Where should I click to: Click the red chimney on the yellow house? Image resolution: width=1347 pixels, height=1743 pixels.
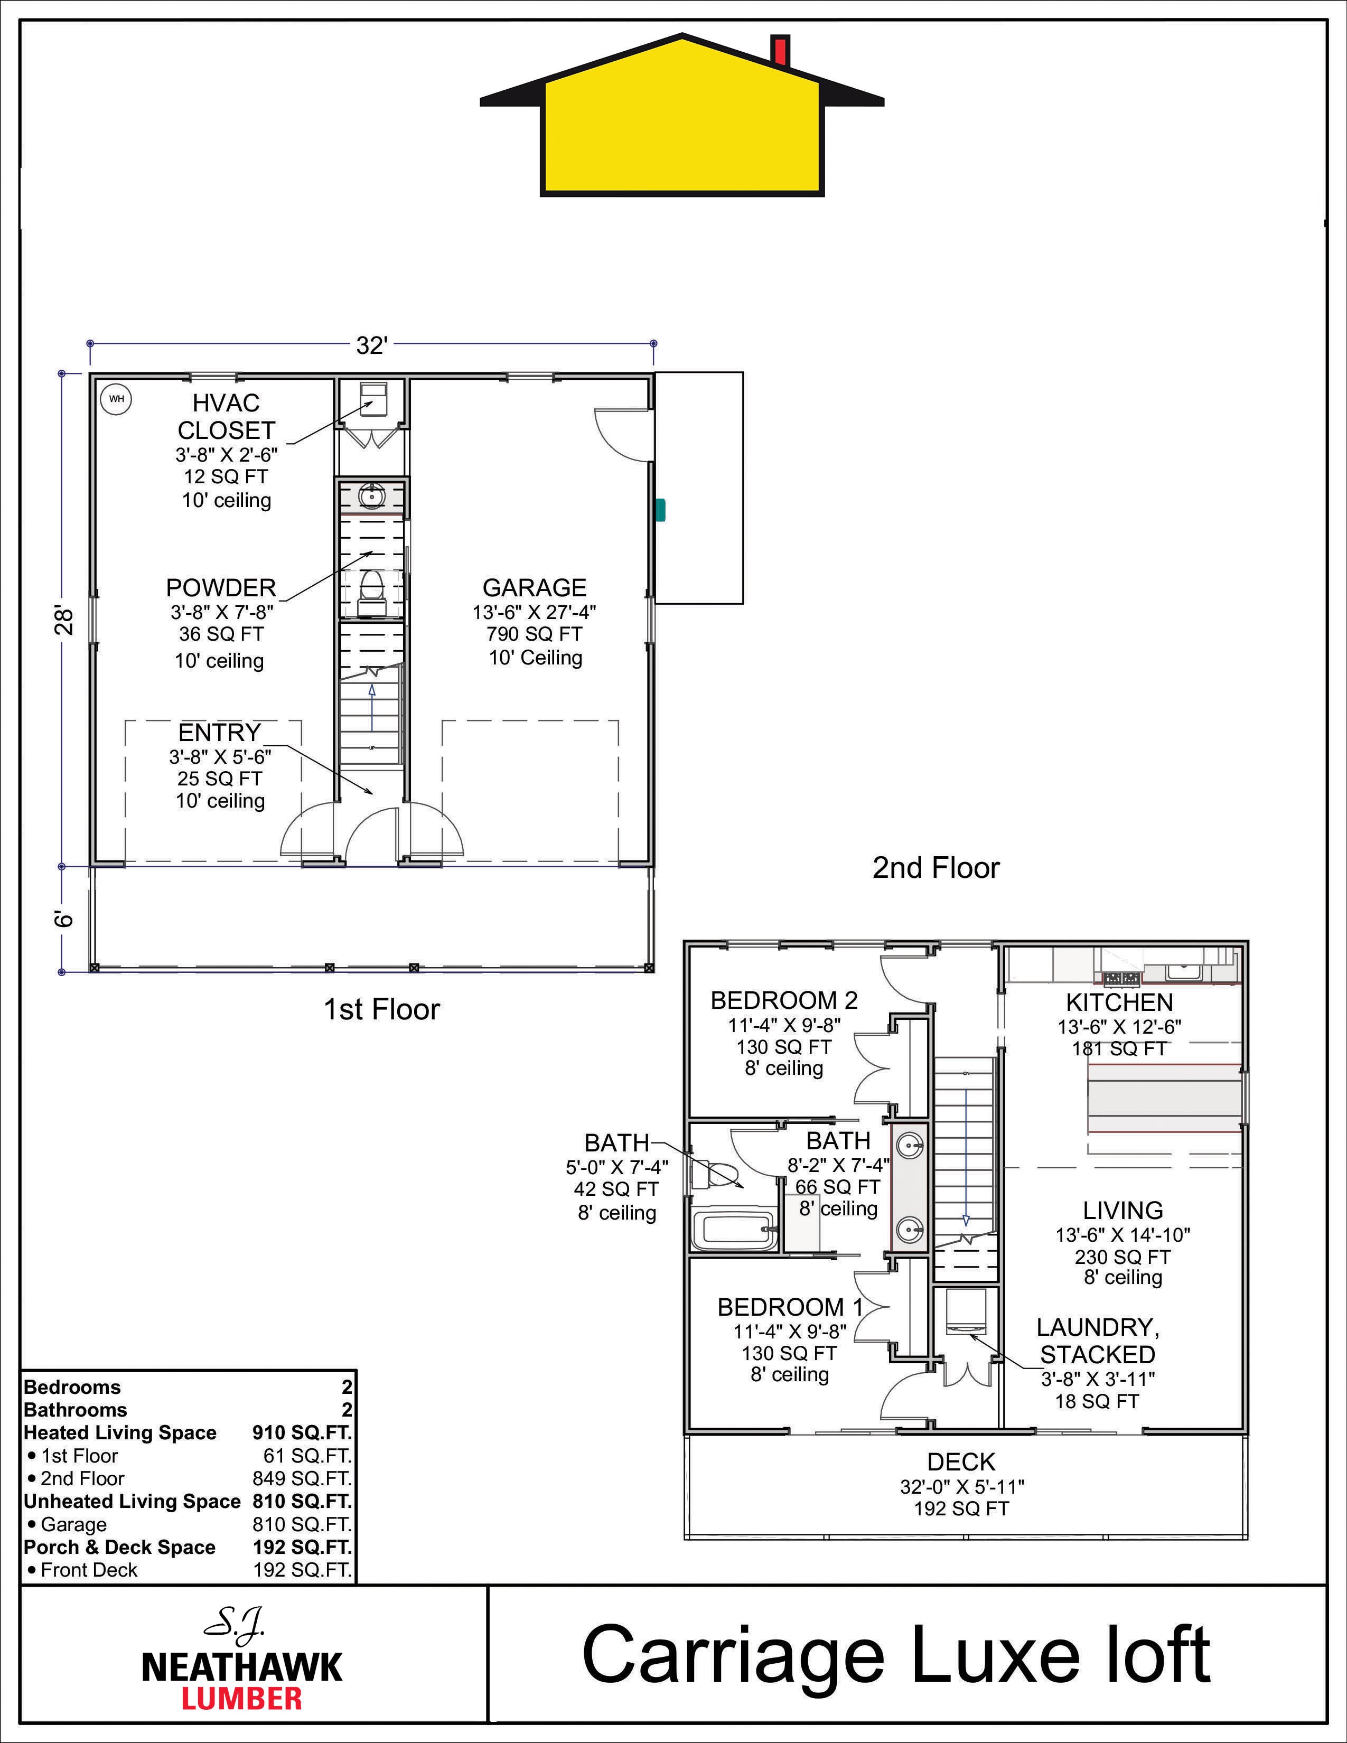(780, 50)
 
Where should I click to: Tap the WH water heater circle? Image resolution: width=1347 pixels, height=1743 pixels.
(117, 399)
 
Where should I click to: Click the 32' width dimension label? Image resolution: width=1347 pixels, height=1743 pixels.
(372, 345)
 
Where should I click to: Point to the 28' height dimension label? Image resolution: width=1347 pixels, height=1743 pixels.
(64, 620)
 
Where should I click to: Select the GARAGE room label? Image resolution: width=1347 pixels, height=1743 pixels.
(535, 587)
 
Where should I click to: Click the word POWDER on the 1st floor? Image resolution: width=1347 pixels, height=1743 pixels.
(221, 587)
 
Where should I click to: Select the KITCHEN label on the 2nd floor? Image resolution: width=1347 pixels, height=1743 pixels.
(1119, 1002)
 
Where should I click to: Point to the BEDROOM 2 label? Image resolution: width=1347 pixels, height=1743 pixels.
(784, 1000)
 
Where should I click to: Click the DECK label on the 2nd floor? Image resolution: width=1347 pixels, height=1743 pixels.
(961, 1462)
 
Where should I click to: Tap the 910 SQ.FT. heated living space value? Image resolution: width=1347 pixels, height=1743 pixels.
(302, 1432)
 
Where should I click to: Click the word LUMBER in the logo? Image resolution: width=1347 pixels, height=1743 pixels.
(242, 1698)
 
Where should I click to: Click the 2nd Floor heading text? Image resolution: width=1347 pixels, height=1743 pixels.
(936, 867)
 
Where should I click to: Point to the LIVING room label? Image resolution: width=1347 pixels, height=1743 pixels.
(1123, 1210)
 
